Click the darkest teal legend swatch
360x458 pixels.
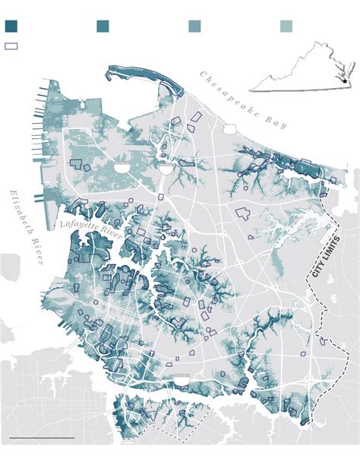[11, 27]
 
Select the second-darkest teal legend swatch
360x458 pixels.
[103, 27]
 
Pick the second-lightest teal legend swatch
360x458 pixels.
[194, 27]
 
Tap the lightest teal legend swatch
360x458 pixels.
[286, 27]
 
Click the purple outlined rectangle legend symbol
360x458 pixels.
[11, 46]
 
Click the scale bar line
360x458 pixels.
[42, 438]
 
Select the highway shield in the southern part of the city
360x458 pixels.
[181, 378]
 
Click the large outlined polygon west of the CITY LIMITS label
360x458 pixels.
[242, 213]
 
